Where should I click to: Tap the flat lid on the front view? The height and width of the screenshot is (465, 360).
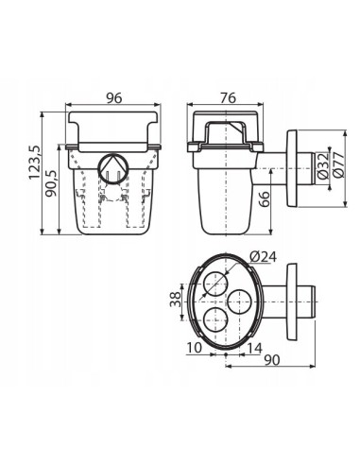click(x=113, y=123)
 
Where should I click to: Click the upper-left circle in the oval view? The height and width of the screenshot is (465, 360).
click(x=216, y=282)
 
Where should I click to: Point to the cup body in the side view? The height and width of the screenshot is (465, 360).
click(x=224, y=194)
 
